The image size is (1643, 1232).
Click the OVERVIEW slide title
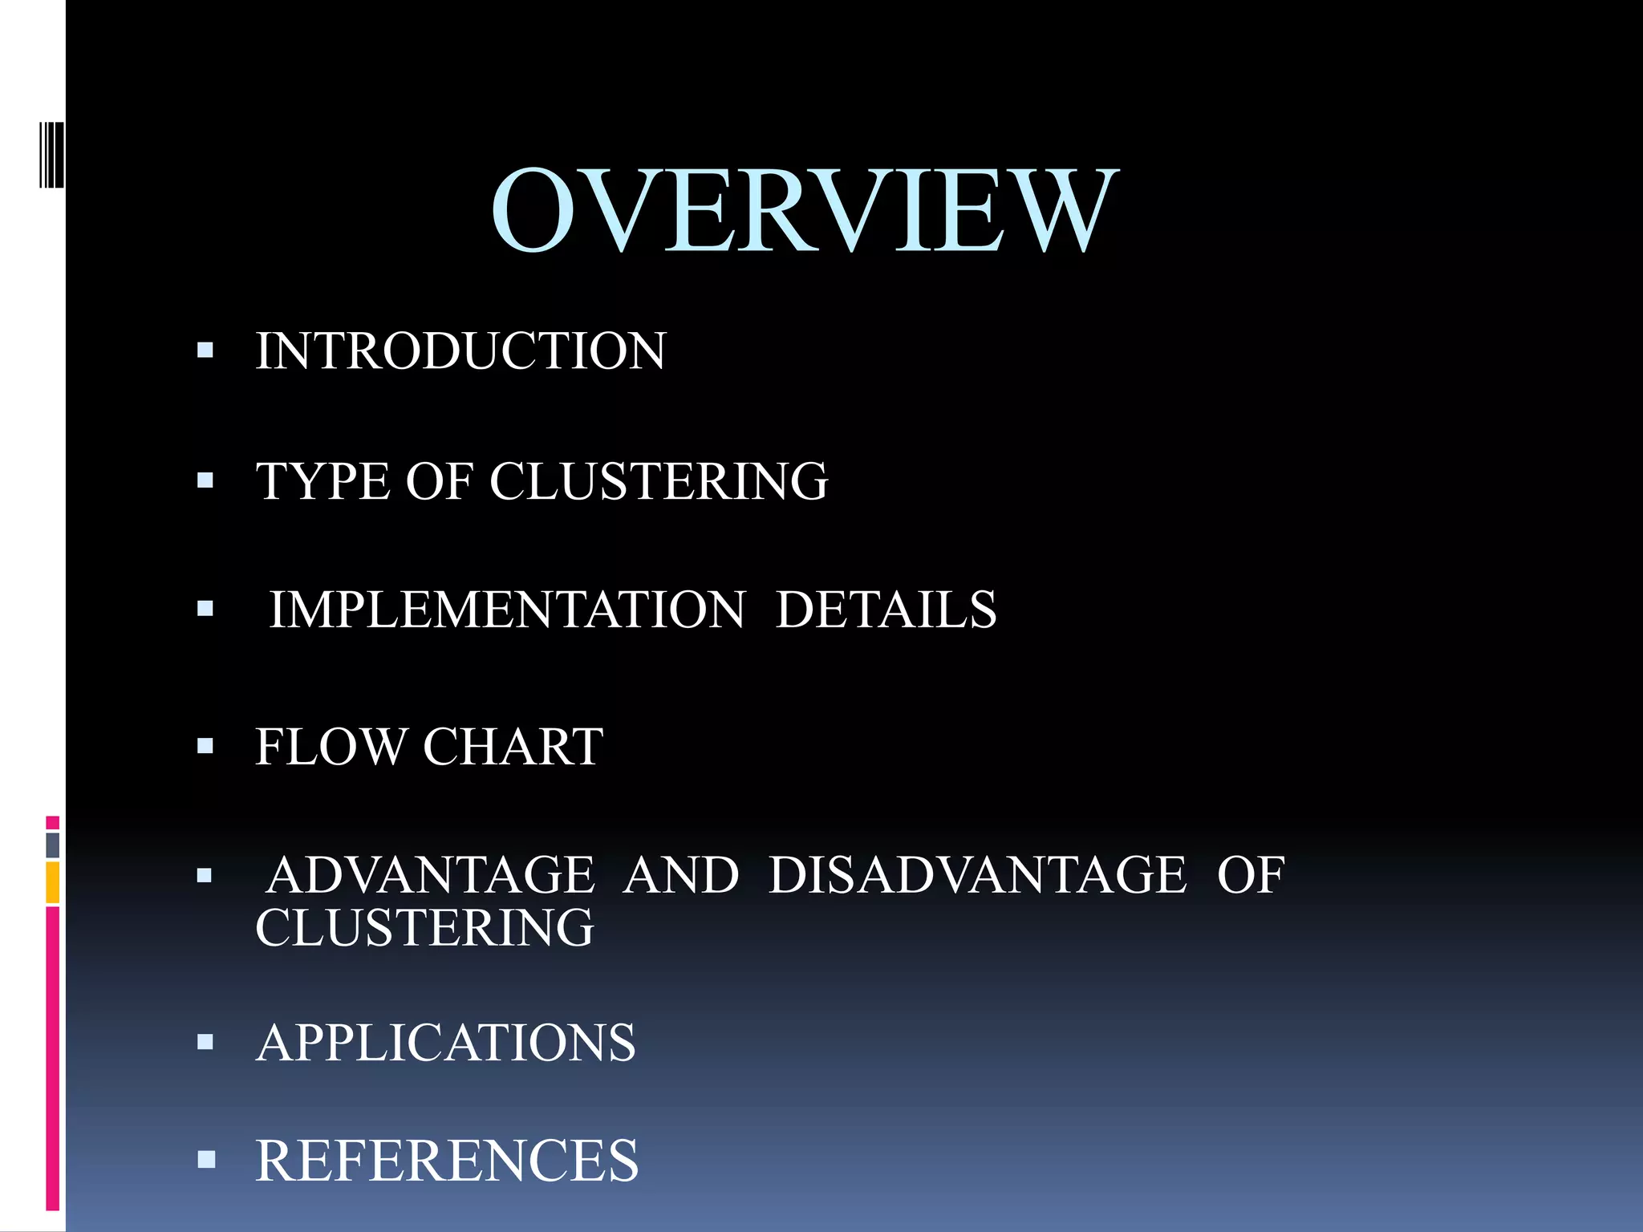[804, 210]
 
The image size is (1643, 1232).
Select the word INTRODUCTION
[460, 351]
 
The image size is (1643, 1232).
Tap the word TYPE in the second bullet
[323, 481]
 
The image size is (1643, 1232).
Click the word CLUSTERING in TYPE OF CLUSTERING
[659, 481]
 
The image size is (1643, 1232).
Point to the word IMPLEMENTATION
[507, 610]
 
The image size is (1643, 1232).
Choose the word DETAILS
[886, 610]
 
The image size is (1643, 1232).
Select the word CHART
[513, 747]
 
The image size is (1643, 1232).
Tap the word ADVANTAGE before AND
[431, 875]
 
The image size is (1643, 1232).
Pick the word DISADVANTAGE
[977, 875]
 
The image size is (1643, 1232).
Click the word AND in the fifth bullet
[681, 875]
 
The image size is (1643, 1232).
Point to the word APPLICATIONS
[446, 1043]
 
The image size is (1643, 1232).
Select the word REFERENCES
[447, 1161]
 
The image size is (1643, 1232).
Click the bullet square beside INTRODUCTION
[205, 350]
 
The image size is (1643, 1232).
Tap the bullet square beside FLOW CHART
[205, 747]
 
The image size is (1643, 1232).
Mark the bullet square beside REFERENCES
[206, 1159]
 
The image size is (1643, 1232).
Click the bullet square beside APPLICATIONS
[205, 1042]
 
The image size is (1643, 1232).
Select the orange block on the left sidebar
[52, 882]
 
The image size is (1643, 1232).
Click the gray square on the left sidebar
[52, 845]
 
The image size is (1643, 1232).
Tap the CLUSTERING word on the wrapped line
[424, 928]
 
